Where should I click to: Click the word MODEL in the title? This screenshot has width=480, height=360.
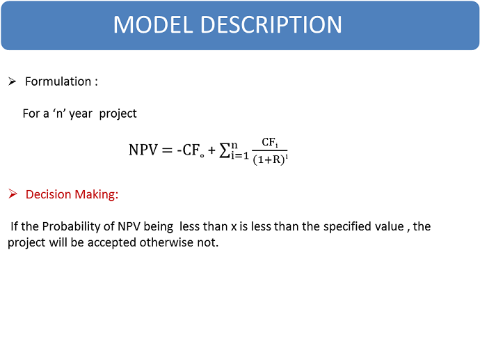tap(153, 24)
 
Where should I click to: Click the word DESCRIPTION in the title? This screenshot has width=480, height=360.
tap(271, 24)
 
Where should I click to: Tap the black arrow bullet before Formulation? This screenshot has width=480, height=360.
tap(13, 81)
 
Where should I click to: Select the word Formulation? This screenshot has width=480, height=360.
tap(58, 81)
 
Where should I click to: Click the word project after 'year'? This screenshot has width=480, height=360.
tap(118, 114)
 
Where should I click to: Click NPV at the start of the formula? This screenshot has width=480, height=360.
tap(143, 150)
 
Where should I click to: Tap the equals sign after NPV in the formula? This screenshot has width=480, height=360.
tap(167, 150)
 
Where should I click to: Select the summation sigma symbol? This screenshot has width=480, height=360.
tap(225, 150)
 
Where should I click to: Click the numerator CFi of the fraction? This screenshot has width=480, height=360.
tap(270, 143)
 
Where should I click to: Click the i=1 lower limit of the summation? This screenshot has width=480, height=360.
tap(240, 156)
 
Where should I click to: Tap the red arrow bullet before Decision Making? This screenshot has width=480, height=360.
tap(13, 194)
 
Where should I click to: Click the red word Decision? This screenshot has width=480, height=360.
tap(49, 194)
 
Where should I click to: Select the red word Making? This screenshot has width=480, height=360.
tap(97, 195)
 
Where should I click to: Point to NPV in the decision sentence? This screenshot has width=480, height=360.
tap(129, 227)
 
